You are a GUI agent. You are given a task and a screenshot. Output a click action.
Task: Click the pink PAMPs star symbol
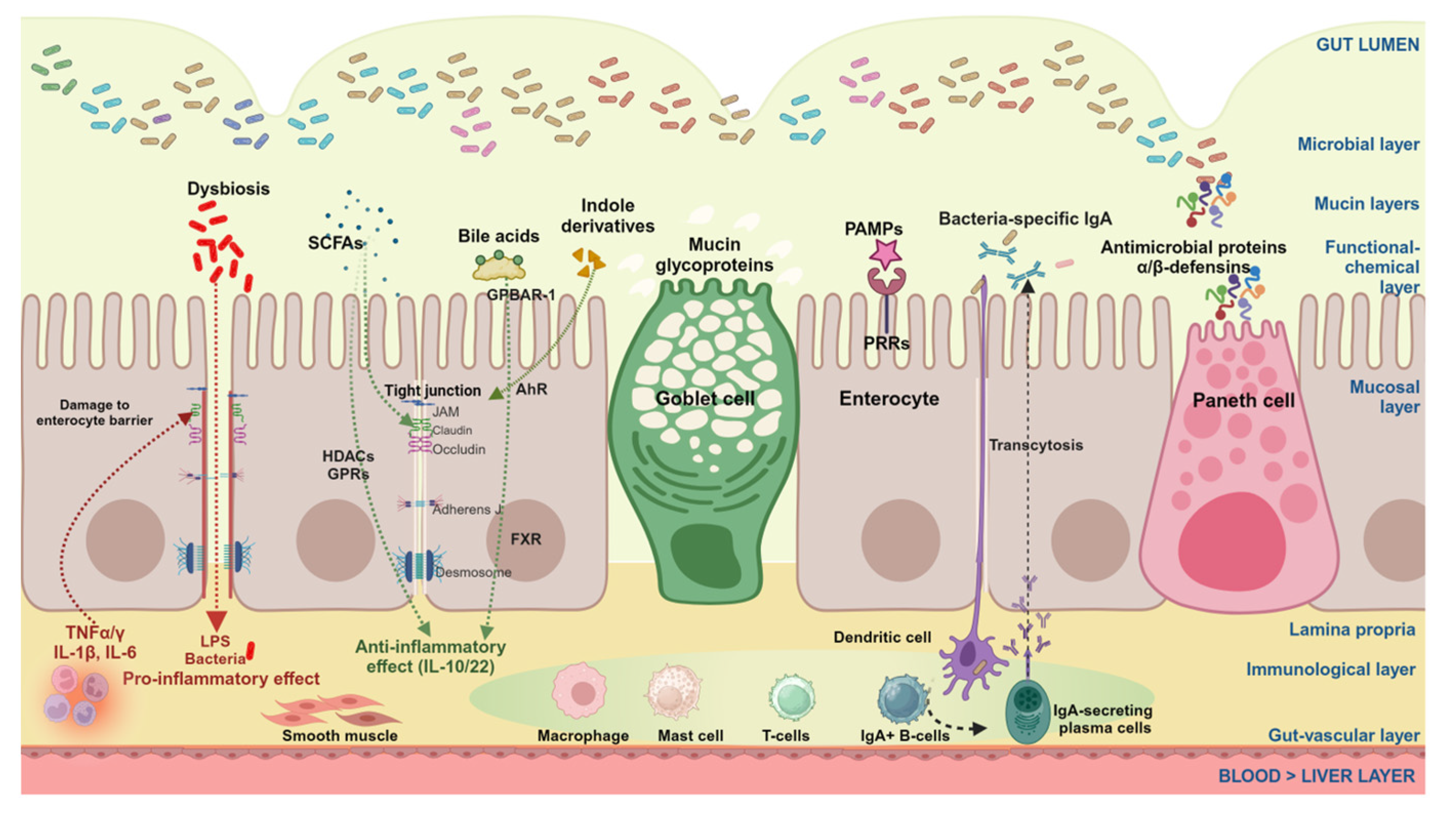click(x=885, y=254)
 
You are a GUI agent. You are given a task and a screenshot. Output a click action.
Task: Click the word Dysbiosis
click(x=228, y=189)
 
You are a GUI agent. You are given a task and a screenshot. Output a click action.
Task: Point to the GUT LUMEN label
click(x=1366, y=45)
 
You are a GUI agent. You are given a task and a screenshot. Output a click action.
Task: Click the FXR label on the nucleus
click(x=525, y=539)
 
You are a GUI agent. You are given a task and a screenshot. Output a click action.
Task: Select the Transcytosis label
click(x=1036, y=445)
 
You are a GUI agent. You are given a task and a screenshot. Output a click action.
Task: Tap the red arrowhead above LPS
click(x=216, y=621)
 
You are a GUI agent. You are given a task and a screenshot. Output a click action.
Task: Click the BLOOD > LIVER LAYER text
click(x=1316, y=776)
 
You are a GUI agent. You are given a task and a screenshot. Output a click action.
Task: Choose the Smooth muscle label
click(x=340, y=735)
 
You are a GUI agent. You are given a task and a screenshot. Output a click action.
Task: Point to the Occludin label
click(x=458, y=450)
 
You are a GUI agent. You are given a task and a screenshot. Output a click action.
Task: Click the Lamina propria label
click(x=1351, y=629)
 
